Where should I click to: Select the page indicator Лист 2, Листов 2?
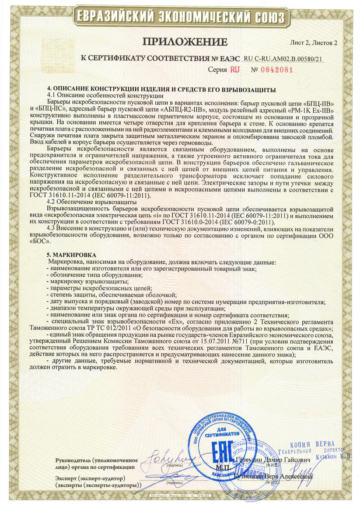coord(314,42)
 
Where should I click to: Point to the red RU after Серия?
coord(235,70)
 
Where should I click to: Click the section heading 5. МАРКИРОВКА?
coord(71,255)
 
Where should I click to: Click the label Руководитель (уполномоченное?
coord(97,460)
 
